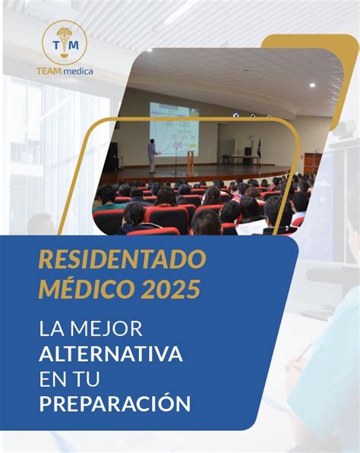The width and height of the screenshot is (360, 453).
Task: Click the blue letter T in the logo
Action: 56,45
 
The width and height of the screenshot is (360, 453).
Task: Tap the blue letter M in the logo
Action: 74,45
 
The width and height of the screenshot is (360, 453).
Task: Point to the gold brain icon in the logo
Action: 65,32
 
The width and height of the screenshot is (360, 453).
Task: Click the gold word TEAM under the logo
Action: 49,71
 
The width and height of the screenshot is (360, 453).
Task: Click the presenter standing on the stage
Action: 152,156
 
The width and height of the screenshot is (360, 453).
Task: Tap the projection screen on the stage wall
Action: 174,130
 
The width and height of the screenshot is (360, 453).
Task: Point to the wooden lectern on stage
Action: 191,162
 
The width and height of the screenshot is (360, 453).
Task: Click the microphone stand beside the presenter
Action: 175,161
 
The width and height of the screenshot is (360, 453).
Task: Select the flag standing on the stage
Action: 260,148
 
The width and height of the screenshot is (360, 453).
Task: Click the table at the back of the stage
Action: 241,159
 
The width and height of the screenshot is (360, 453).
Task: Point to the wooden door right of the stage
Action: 313,164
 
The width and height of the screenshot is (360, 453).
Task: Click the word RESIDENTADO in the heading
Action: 122,260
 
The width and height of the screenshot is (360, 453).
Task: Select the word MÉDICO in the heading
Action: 87,289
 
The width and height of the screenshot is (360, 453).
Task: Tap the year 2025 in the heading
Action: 170,290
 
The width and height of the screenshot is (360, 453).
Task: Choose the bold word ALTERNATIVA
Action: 111,354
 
